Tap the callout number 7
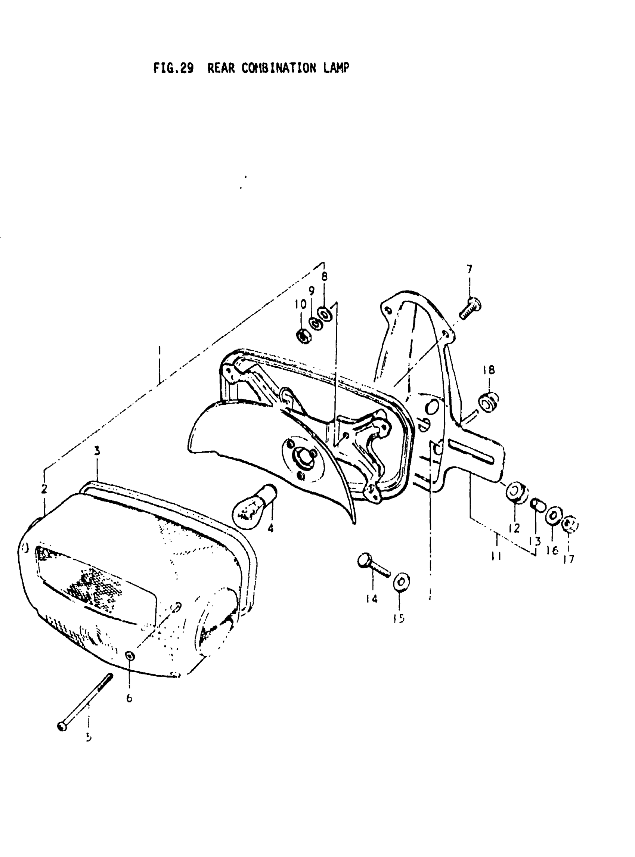tap(469, 269)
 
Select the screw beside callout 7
tap(471, 308)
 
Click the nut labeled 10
tap(304, 336)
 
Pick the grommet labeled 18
tap(488, 402)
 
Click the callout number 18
tap(489, 370)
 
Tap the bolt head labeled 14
tap(364, 561)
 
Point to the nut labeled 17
tap(570, 525)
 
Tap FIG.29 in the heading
tap(173, 68)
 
